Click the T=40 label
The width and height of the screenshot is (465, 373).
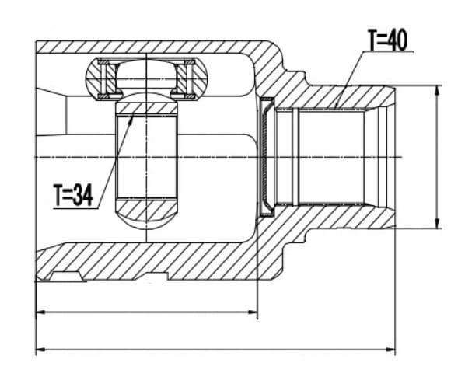(x=387, y=40)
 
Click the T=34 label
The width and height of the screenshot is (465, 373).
(x=73, y=195)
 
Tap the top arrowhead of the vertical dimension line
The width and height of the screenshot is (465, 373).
(x=437, y=90)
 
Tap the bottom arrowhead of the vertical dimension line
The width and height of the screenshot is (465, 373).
(x=437, y=224)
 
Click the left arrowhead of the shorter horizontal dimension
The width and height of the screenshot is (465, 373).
(x=40, y=312)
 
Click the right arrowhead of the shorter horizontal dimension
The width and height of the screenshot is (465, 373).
(x=253, y=312)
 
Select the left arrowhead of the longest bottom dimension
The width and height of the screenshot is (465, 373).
(x=40, y=350)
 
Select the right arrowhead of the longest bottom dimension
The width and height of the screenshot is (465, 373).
(x=390, y=350)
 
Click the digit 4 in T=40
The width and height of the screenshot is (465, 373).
(x=391, y=40)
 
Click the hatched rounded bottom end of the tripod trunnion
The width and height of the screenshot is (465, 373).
(x=147, y=213)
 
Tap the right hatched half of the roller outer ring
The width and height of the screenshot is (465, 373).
(x=193, y=78)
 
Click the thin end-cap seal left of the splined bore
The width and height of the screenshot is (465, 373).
(x=266, y=156)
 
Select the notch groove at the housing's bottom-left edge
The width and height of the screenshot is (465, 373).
(x=67, y=275)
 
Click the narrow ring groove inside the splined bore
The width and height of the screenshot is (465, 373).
(x=295, y=157)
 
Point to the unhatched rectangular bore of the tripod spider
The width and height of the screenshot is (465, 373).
(x=147, y=156)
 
